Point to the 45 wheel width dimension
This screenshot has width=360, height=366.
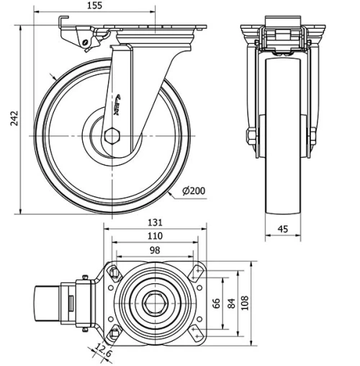283,230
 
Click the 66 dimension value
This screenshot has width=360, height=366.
216,303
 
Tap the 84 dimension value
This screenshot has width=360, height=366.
230,303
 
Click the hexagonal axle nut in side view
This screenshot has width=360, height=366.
113,136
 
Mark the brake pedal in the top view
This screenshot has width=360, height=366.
50,303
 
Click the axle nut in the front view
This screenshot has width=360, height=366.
251,136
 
